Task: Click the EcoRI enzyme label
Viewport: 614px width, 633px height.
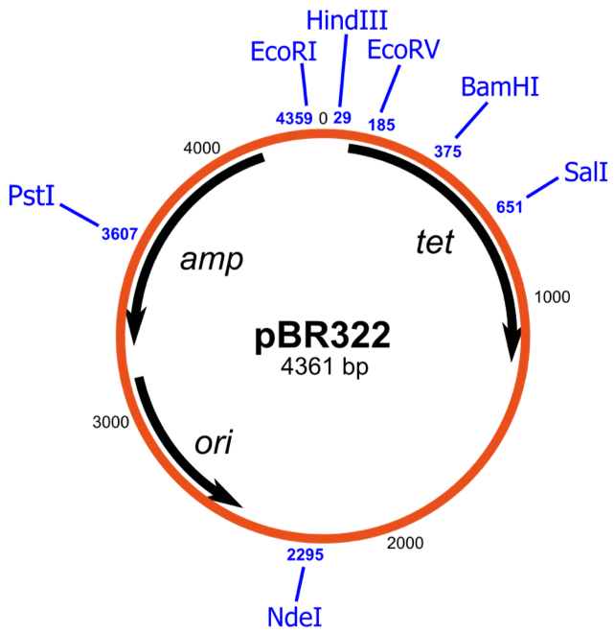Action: pos(284,52)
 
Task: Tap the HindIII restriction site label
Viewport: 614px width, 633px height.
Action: pos(347,20)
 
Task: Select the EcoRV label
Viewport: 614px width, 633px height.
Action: pos(403,50)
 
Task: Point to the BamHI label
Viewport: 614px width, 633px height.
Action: pos(499,86)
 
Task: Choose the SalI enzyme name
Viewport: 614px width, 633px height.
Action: pos(585,173)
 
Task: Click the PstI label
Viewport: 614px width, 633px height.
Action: pos(31,196)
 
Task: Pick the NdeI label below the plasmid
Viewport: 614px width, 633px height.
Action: pos(295,617)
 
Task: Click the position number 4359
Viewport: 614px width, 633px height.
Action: pos(294,118)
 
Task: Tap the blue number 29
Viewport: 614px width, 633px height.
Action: pos(342,117)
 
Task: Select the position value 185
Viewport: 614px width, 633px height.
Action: pos(381,125)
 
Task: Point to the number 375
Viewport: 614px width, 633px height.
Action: pos(447,152)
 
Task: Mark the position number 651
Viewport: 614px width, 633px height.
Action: pos(510,207)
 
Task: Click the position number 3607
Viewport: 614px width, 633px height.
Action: pos(120,234)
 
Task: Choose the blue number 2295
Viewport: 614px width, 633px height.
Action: pos(306,554)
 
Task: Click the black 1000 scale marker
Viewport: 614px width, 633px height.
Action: pos(552,297)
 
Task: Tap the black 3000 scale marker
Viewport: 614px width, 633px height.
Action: pos(111,422)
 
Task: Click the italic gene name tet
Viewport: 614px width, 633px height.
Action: pos(435,242)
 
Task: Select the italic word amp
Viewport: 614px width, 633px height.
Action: pos(212,260)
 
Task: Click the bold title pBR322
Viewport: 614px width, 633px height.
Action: pos(323,336)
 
